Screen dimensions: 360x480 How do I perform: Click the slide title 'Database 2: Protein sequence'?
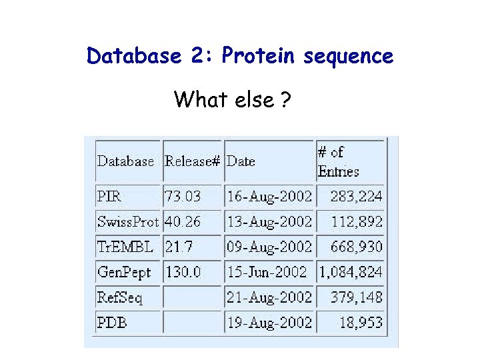point(240,56)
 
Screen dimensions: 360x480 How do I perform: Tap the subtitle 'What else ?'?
point(232,100)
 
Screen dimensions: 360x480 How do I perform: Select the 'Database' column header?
point(125,161)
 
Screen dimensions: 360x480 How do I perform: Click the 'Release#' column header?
point(192,161)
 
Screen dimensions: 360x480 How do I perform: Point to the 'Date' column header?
point(241,161)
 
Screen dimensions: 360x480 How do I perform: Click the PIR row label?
point(109,197)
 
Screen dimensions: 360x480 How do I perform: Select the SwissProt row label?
point(128,222)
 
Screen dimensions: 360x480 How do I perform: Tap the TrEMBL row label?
point(125,247)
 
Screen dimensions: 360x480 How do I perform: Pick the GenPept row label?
point(124,273)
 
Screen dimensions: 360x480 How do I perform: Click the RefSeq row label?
point(119,297)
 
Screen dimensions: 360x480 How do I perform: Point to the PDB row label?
point(112,323)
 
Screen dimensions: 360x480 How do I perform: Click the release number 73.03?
point(183,197)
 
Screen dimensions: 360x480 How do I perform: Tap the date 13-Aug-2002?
point(269,222)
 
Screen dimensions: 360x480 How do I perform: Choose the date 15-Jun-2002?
point(267,273)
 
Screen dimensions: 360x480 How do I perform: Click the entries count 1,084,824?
point(351,273)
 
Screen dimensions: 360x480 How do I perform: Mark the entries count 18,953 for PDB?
point(360,323)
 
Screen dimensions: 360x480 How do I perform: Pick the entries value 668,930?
point(357,247)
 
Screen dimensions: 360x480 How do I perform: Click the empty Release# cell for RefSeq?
point(192,297)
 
